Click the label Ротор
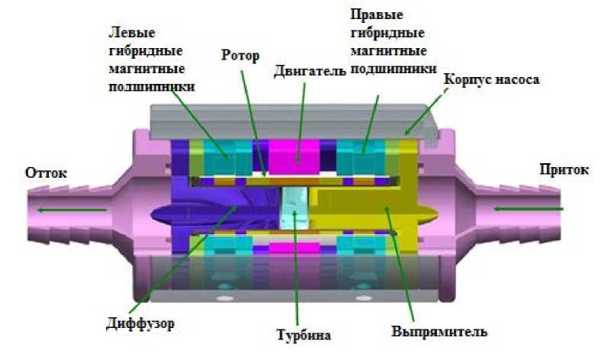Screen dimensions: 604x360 click(x=240, y=56)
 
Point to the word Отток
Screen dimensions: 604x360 click(x=47, y=172)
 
